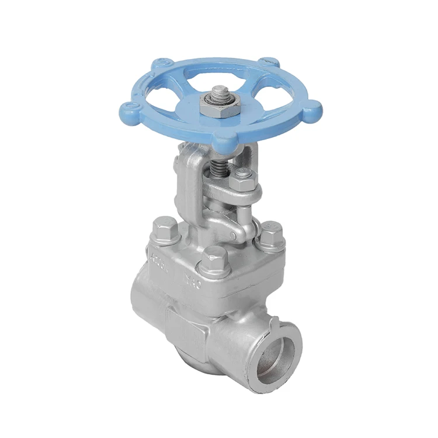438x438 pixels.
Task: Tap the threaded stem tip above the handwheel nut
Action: (221, 92)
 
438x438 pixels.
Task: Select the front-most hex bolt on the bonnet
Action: (214, 259)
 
